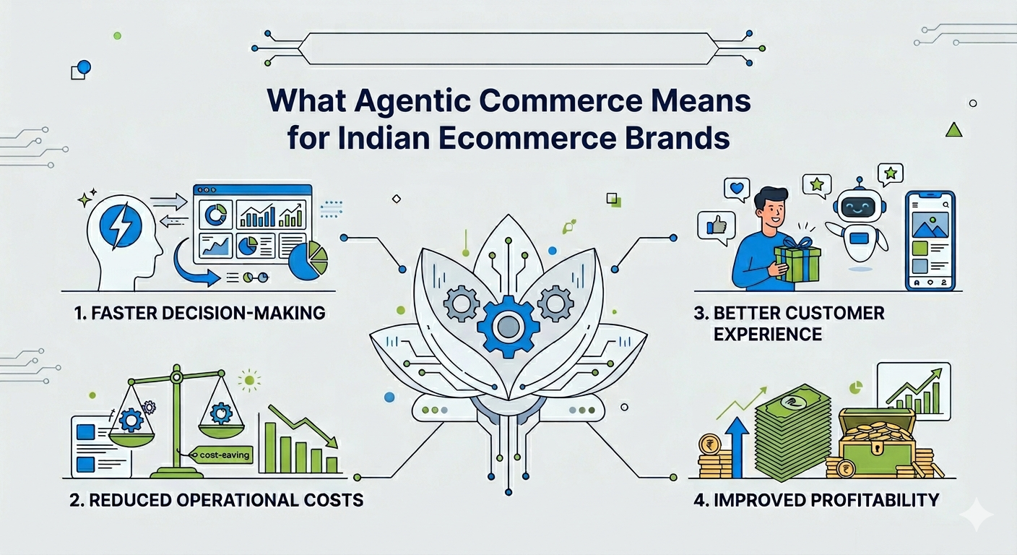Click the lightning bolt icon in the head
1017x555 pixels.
tap(121, 225)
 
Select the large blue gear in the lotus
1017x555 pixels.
tap(508, 325)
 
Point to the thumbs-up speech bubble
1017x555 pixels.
tap(716, 227)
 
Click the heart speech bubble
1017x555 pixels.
tap(737, 189)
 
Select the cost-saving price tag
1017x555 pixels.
tap(220, 454)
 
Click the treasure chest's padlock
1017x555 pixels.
tap(876, 449)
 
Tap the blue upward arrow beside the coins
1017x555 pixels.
tap(737, 447)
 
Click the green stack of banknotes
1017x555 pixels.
tap(792, 432)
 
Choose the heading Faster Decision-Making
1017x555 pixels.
tap(200, 314)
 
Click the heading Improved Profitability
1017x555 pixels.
tap(816, 500)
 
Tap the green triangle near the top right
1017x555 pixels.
tap(953, 130)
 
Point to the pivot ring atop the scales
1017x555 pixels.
tap(176, 377)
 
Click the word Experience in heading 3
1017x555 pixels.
tap(768, 335)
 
